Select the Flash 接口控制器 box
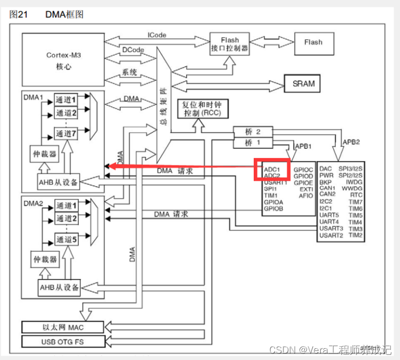coord(229,44)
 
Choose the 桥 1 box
coord(253,143)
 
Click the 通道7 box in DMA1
coord(66,133)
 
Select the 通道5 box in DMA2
coord(66,240)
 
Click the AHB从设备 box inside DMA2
coord(59,288)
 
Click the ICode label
coord(156,35)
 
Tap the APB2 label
coord(351,142)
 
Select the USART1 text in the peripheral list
coord(276,182)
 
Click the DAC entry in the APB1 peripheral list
coord(326,169)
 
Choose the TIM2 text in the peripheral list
coord(355,235)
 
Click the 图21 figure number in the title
coord(19,15)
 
